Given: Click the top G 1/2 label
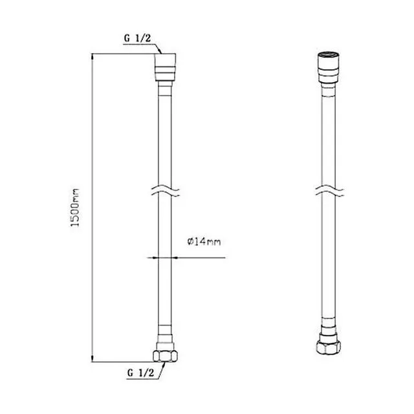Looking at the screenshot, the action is pos(137,38).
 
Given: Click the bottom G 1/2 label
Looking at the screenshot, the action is pos(140,373).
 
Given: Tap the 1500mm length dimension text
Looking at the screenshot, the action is pos(75,208).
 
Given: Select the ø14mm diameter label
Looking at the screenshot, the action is pos(204,241).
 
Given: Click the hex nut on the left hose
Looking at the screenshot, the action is pos(166,356).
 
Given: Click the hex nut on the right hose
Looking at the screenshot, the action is pos(329,347).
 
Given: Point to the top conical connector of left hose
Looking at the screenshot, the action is pos(166,67).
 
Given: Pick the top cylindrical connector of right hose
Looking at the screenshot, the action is pos(328,67).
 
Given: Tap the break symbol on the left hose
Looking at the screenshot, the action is pos(166,192).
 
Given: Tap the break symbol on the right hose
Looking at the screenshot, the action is pos(329,191).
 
